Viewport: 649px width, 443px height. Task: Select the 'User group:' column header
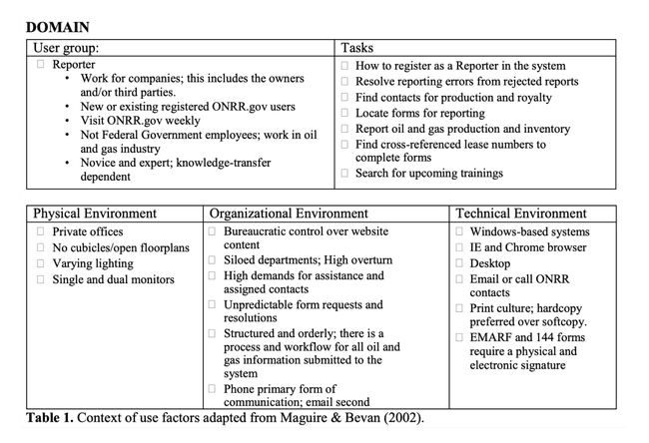(71, 47)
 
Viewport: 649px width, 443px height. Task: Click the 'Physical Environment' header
(95, 214)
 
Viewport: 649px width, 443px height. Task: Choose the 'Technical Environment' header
(520, 214)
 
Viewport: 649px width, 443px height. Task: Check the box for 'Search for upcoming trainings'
(344, 174)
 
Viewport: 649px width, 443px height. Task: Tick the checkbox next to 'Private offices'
(40, 231)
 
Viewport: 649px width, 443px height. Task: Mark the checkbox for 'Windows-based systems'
(462, 231)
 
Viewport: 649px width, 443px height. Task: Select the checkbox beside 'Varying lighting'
(40, 263)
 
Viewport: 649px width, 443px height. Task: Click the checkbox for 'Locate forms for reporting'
(344, 114)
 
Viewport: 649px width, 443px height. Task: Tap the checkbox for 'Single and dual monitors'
(40, 279)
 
